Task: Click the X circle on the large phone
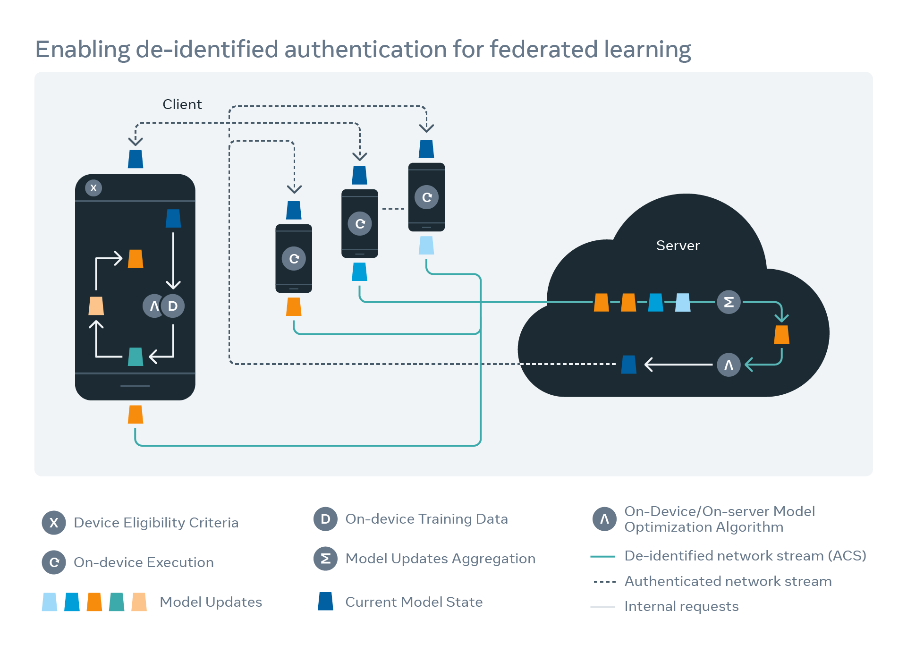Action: point(93,188)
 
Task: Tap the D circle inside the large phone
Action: point(173,306)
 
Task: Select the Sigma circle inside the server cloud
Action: point(729,302)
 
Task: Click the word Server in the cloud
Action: point(678,246)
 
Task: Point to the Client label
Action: point(182,104)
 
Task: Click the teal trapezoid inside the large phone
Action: point(136,356)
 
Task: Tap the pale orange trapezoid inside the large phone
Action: point(96,306)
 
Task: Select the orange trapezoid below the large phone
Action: point(136,415)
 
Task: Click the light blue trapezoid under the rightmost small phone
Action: point(426,246)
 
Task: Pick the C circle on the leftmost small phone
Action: point(294,259)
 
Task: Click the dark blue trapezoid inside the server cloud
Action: point(629,365)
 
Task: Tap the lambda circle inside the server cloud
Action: point(729,365)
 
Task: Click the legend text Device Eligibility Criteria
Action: point(156,523)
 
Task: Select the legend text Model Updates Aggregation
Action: point(440,559)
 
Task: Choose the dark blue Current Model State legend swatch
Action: point(326,602)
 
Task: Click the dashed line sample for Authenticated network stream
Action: point(604,582)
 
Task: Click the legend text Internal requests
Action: point(681,606)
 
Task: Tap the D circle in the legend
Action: point(325,519)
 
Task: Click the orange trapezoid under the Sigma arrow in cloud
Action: point(782,334)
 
